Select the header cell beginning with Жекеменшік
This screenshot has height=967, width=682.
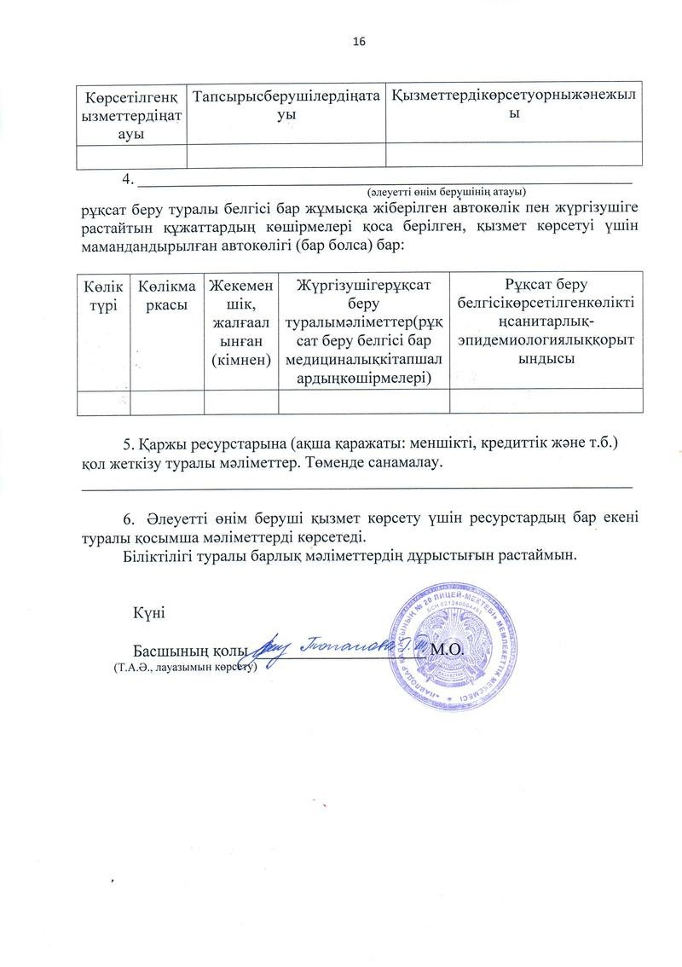point(241,321)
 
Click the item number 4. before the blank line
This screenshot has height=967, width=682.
point(130,179)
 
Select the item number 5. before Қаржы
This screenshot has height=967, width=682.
point(130,444)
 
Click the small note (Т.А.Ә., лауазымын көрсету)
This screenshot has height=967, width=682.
point(185,669)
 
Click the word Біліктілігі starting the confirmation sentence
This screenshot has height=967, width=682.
point(158,554)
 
